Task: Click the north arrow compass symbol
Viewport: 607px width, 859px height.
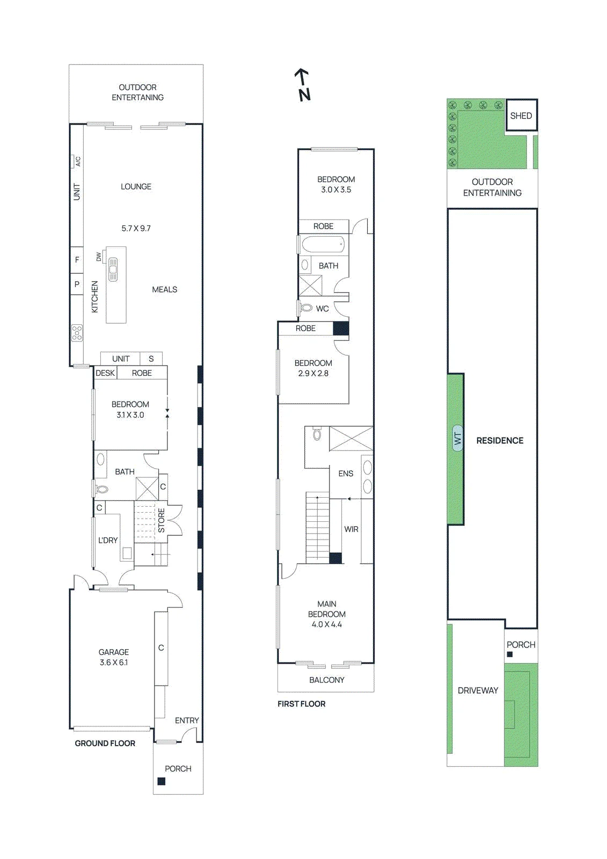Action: (303, 85)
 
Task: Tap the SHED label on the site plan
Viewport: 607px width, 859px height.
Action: (521, 116)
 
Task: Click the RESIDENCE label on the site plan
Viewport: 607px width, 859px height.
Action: (500, 441)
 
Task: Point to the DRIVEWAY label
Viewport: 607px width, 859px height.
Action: (478, 690)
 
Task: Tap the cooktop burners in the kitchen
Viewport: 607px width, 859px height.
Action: (77, 333)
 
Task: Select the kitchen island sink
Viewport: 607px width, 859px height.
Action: (113, 270)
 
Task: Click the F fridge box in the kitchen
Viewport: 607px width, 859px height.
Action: (77, 260)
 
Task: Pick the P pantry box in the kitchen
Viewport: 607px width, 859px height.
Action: (77, 284)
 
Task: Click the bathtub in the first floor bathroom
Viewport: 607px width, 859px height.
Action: (323, 244)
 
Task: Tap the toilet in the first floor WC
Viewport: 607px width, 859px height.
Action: (306, 307)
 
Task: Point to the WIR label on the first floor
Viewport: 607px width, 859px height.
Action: (351, 529)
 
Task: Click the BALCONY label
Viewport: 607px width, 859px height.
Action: (327, 680)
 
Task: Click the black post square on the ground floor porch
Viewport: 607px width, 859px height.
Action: (162, 781)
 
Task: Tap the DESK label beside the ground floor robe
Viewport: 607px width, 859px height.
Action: (105, 373)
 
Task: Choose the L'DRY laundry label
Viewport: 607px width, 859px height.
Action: (108, 540)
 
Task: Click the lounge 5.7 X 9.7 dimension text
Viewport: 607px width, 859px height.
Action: (136, 229)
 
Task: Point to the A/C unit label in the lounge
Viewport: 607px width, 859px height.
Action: (78, 162)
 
